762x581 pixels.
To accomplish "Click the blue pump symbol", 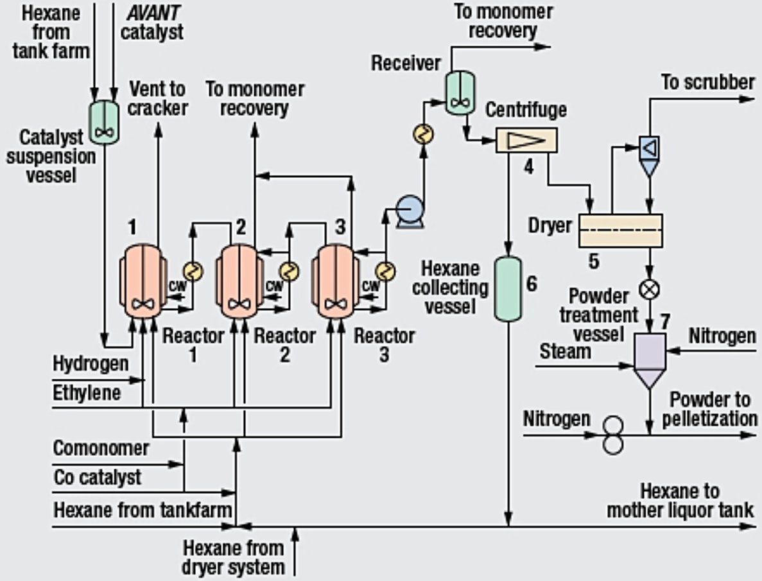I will point(407,210).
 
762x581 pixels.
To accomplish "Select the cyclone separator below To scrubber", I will point(650,154).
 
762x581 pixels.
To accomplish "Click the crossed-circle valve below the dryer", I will point(650,290).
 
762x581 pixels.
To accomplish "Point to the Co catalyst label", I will point(98,477).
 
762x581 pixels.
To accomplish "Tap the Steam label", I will point(565,351).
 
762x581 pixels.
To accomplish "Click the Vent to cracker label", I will point(157,98).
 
